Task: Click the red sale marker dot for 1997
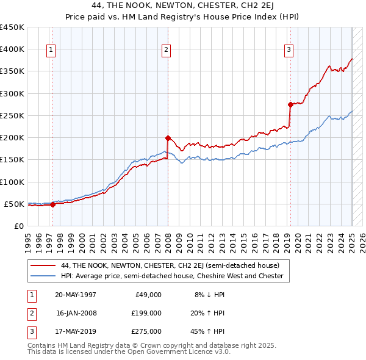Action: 52,204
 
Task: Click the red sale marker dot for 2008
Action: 168,138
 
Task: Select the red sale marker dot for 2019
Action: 290,104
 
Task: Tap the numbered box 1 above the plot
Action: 51,51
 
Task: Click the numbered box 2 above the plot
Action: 166,51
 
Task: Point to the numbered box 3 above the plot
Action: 289,51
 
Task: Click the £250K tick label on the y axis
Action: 12,115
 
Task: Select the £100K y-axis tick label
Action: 12,182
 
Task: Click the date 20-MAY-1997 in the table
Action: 76,295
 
